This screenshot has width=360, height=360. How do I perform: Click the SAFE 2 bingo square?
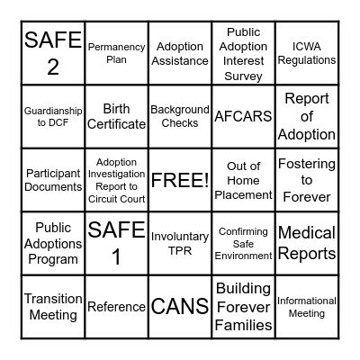pos(53,53)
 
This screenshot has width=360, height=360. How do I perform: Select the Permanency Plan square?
pos(116,53)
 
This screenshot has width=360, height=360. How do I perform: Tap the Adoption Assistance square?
pos(180,53)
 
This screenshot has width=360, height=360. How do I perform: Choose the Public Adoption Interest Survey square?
pos(243,53)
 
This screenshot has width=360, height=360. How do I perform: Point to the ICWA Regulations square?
pos(307,53)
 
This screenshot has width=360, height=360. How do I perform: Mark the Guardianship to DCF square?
pos(53,117)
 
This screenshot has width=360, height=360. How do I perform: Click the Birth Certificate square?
pos(116,117)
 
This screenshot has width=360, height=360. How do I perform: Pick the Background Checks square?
pos(180,117)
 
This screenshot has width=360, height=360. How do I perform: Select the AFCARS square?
pos(243,117)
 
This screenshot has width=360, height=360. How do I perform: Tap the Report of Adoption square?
pos(307,117)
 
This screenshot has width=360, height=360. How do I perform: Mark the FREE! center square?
pos(180,180)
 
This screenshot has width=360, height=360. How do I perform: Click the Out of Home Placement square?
pos(243,180)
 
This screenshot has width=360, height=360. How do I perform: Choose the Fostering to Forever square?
pos(307,180)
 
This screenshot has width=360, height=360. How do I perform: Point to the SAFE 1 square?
pos(116,243)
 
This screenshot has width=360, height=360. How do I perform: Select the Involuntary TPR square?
pos(180,243)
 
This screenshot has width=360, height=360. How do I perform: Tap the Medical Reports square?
pos(307,243)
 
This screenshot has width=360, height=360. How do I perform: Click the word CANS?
pos(180,306)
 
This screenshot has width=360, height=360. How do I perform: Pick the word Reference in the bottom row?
pos(116,307)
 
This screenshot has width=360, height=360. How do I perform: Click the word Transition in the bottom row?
pos(53,299)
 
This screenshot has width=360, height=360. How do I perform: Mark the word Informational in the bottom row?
pos(307,301)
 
